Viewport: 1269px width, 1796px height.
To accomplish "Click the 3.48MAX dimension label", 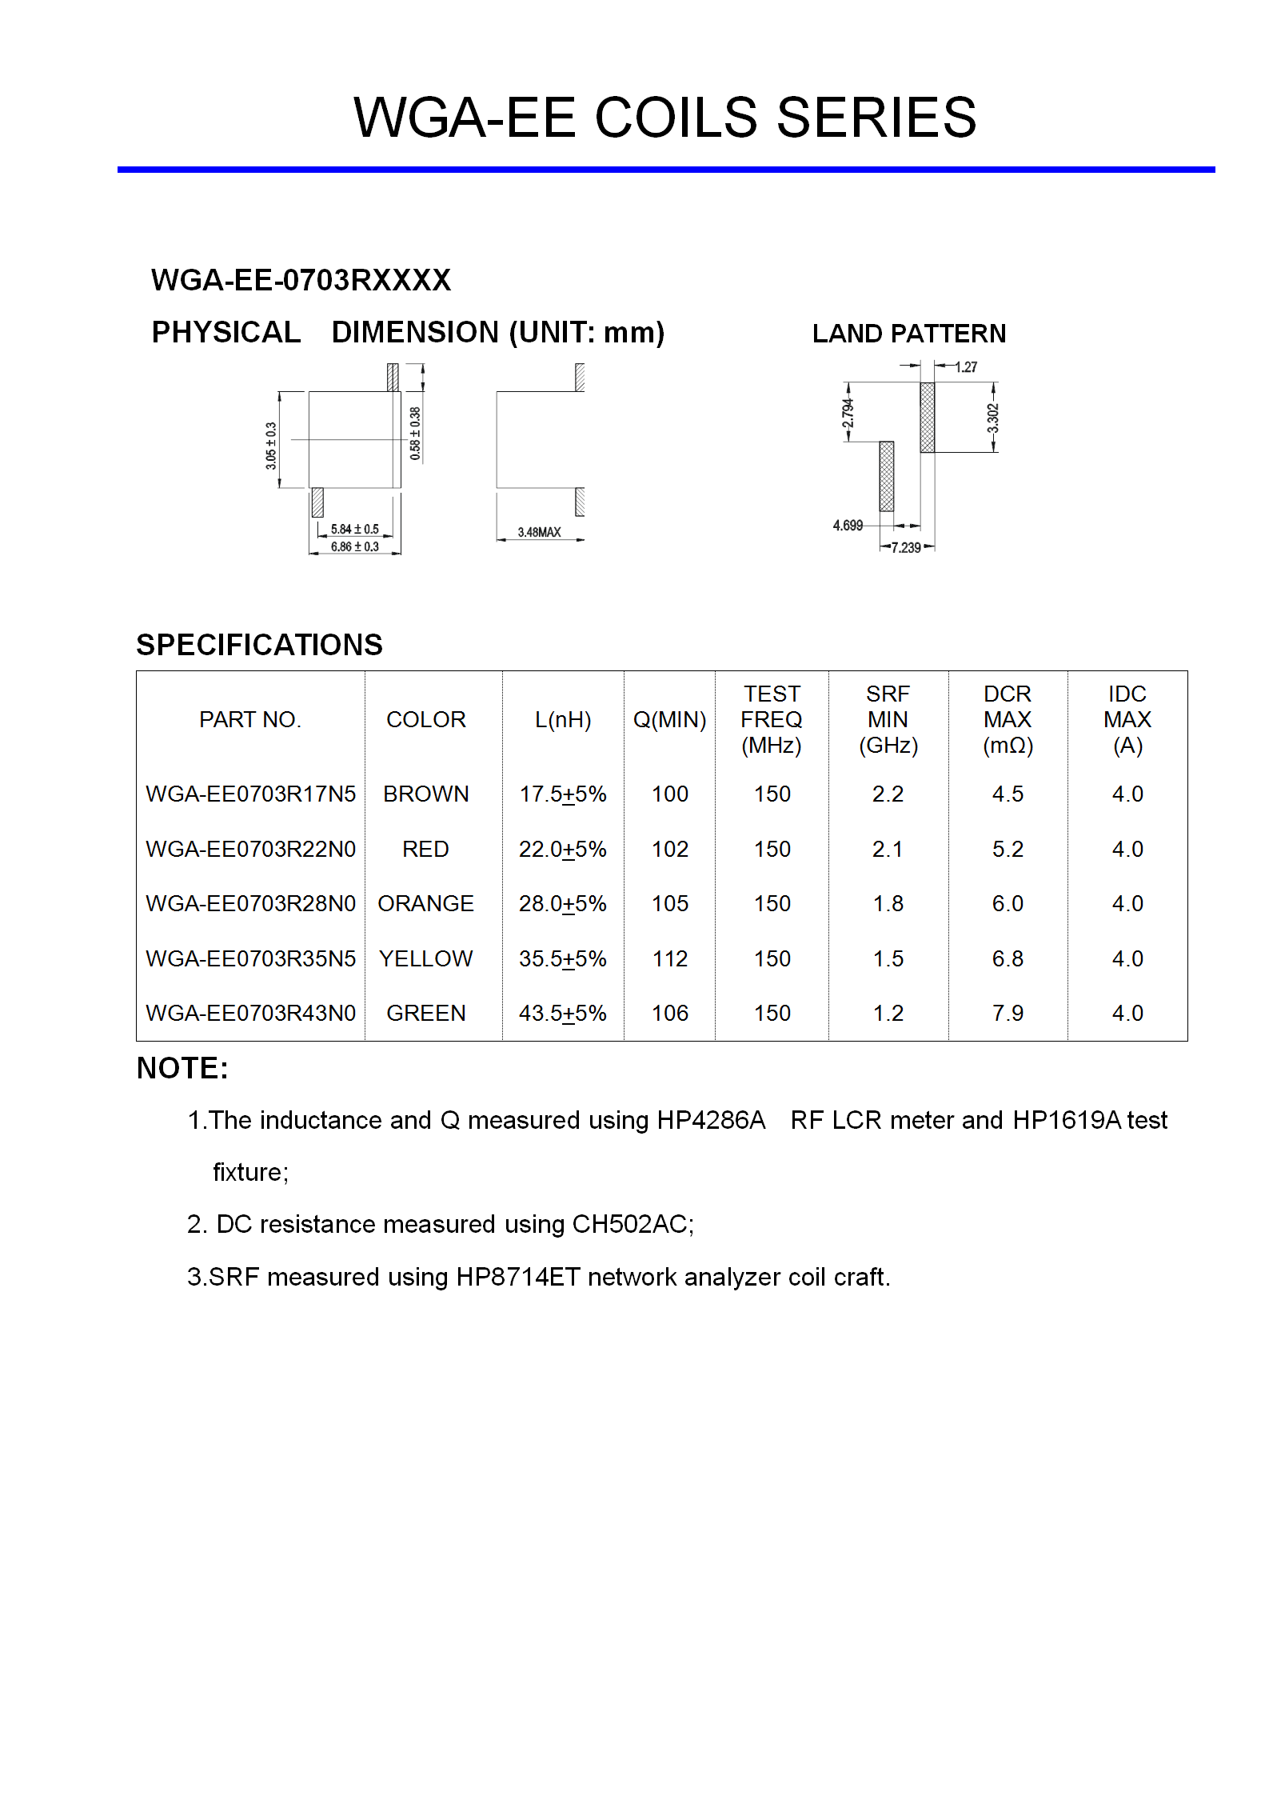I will [x=539, y=532].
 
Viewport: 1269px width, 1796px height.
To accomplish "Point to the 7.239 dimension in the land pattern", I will [x=906, y=548].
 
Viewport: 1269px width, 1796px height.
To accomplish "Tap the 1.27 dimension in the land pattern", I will [x=966, y=367].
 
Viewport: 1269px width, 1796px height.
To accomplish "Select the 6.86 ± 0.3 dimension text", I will [x=354, y=547].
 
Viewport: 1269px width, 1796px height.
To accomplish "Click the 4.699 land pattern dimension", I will [x=848, y=526].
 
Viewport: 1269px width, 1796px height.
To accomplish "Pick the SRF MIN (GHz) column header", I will [x=888, y=719].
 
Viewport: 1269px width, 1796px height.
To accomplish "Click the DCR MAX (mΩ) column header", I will [x=1008, y=719].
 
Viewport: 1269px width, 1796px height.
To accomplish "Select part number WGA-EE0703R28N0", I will [x=250, y=904].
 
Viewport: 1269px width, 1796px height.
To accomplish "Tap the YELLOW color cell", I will [x=425, y=958].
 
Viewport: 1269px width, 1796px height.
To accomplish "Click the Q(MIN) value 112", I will [x=669, y=958].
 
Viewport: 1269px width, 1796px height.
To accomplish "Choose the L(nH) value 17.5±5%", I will [x=563, y=794].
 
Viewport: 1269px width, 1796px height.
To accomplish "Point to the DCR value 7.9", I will [x=1008, y=1014].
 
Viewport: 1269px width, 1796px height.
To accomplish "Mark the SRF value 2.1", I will [x=888, y=849].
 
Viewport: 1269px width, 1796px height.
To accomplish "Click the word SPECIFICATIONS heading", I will [x=259, y=645].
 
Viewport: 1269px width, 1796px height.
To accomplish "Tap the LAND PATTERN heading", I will [x=908, y=334].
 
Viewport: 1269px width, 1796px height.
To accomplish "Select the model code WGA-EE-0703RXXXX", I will [x=301, y=280].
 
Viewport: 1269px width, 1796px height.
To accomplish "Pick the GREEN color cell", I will [x=425, y=1014].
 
